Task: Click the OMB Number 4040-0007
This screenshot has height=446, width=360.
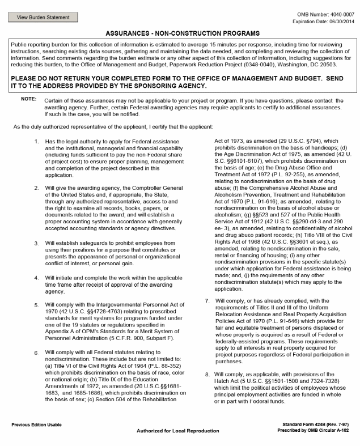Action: coord(329,14)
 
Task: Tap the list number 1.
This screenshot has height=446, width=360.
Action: coord(36,140)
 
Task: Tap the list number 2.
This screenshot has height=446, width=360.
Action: coord(36,185)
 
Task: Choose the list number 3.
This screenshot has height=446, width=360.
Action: coord(36,243)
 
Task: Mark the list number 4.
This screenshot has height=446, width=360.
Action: coord(36,278)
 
